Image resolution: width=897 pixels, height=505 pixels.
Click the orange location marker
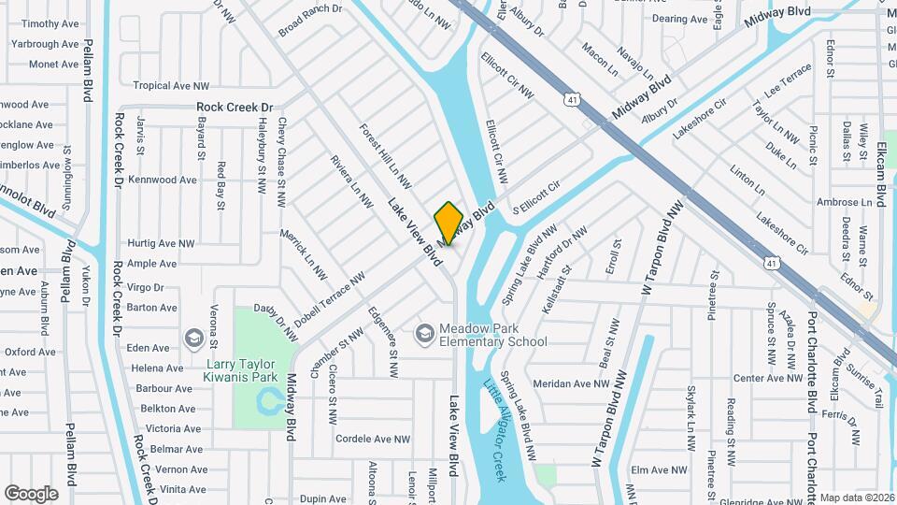pos(448,223)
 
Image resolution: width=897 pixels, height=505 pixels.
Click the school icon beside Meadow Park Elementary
pos(425,333)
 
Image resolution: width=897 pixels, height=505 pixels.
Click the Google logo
pos(31,493)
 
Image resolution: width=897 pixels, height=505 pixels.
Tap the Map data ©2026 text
pos(857,498)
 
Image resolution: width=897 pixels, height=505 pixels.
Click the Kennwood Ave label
pos(163,180)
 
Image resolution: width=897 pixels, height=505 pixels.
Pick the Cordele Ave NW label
pos(372,439)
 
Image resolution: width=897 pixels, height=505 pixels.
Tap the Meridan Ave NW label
pos(570,383)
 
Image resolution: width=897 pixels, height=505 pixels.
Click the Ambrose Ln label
pos(844,202)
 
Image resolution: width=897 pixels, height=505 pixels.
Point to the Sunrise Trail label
pos(865,384)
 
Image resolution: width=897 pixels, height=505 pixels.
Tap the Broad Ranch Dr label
pos(310,21)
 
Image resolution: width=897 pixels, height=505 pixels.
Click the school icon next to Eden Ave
pos(194,338)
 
